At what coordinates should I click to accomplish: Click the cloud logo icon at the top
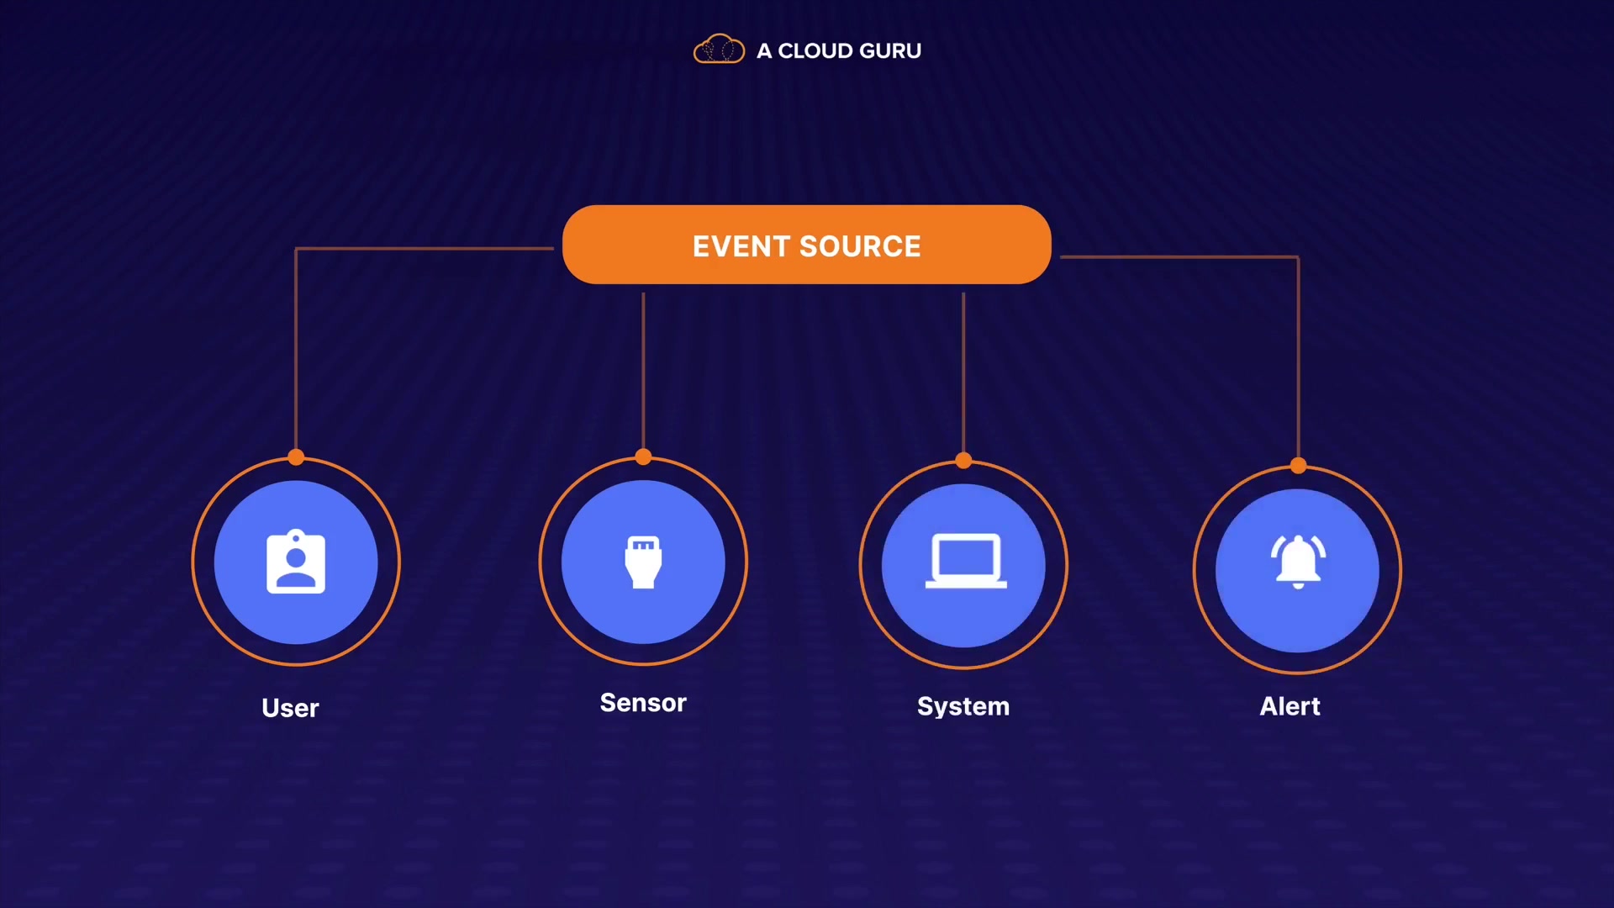point(719,50)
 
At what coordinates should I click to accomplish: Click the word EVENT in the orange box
point(741,246)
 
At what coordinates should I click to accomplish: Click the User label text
point(290,708)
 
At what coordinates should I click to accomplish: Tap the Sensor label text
point(643,703)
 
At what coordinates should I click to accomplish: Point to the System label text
point(963,706)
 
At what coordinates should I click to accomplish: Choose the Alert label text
point(1290,706)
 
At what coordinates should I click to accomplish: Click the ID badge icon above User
point(296,562)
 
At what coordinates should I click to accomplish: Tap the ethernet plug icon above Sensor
point(643,562)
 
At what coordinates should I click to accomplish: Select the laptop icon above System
point(965,562)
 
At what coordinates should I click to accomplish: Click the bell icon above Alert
point(1298,562)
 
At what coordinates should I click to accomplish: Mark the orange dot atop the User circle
point(296,457)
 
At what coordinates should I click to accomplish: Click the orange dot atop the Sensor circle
point(643,457)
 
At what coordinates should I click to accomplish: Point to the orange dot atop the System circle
point(963,460)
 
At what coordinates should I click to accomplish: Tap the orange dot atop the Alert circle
point(1298,465)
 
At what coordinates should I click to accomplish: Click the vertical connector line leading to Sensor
point(643,370)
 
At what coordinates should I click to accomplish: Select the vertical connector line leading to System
point(963,370)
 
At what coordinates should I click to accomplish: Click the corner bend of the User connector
point(296,249)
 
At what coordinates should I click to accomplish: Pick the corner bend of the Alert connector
point(1298,257)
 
